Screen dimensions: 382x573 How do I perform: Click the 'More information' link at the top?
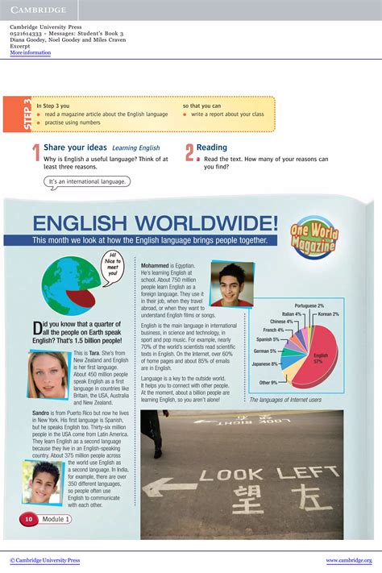pos(30,53)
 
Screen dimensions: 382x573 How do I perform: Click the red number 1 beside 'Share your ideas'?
pos(36,153)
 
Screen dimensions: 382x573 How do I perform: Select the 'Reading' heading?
pos(212,147)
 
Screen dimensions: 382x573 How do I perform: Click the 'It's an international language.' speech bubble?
pos(87,181)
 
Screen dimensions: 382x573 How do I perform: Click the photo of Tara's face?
pos(48,375)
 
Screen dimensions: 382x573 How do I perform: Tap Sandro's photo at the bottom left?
pos(43,482)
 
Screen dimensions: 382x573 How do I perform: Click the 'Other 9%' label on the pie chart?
pos(269,383)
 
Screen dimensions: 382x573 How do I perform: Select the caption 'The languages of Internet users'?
pos(285,400)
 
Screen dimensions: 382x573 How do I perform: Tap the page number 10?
pos(28,519)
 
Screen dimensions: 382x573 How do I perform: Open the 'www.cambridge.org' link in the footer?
pos(348,560)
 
